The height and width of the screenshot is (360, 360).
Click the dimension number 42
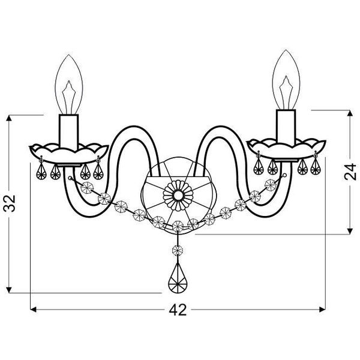point(178,310)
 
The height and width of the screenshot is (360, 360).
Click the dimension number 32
point(10,203)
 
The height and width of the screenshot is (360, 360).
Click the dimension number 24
point(350,172)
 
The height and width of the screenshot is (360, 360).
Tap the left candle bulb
point(69,85)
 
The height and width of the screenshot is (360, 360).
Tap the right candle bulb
point(286,80)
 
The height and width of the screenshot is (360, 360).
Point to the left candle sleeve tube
point(68,131)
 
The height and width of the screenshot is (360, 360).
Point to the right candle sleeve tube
point(286,127)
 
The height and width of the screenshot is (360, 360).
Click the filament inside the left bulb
point(69,97)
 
